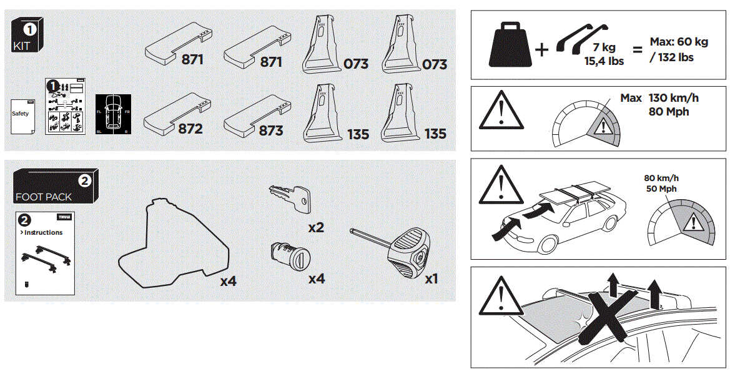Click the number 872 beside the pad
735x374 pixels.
click(190, 129)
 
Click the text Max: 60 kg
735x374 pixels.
click(679, 42)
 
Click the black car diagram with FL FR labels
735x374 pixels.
click(112, 115)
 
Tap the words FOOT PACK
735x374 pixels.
click(43, 197)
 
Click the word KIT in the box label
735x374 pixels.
click(21, 46)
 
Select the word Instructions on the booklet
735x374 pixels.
click(43, 232)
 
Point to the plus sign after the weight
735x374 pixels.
click(541, 50)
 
